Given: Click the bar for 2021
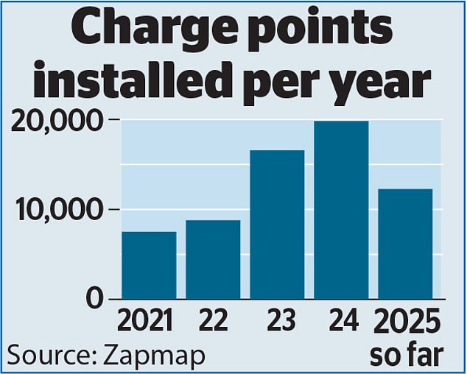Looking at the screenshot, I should [149, 265].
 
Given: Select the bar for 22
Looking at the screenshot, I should [213, 259].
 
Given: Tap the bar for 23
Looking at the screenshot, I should [277, 225].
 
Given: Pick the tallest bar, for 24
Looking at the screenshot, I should [341, 210].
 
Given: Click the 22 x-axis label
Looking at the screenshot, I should [214, 322].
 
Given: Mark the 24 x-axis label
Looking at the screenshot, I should [344, 322].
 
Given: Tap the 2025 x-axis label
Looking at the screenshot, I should [407, 322].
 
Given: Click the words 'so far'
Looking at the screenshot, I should [407, 354].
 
